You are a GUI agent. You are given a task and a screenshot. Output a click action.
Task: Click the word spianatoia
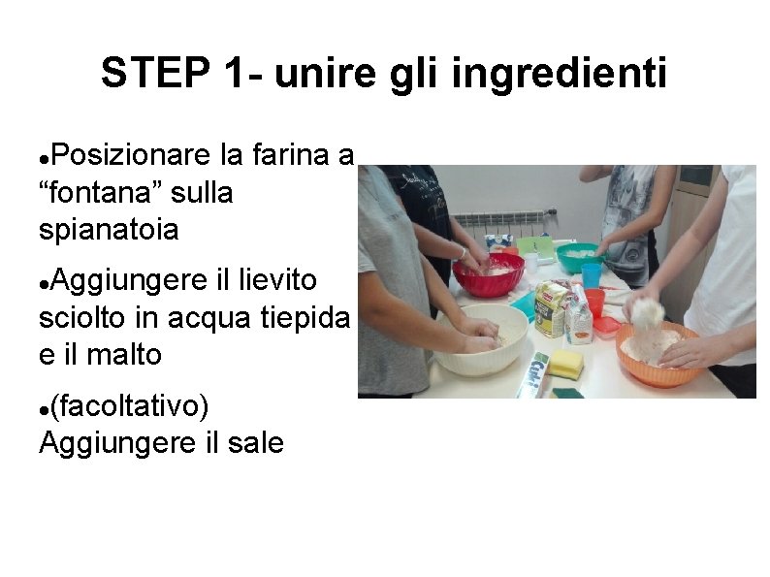(x=109, y=230)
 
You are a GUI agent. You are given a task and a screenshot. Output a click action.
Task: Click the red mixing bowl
(x=488, y=275)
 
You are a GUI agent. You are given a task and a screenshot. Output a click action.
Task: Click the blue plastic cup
(x=591, y=276)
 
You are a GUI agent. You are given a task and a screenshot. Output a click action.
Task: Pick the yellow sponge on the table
(x=568, y=365)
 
